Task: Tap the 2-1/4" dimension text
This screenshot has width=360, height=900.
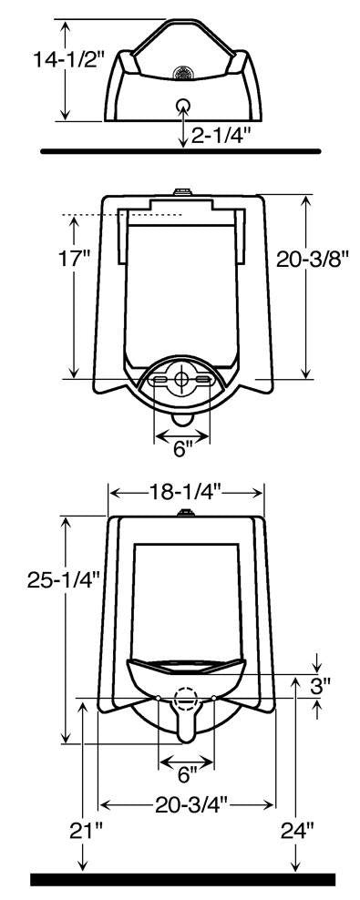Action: tap(220, 136)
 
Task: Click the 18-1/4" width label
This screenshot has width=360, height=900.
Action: tap(185, 491)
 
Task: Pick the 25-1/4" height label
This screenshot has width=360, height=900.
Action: tap(64, 580)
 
